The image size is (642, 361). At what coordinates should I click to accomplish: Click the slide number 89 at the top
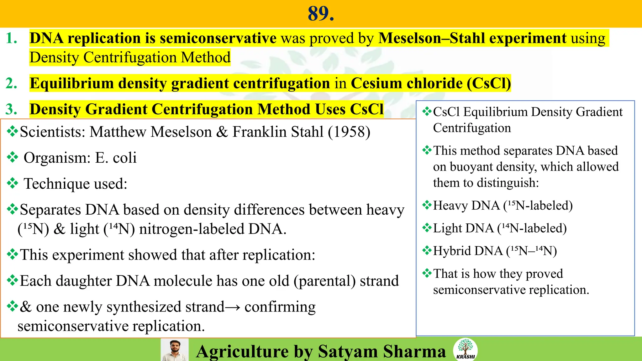[321, 14]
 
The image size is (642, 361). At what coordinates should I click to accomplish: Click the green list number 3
[11, 109]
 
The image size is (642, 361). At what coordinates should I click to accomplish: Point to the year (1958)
[349, 132]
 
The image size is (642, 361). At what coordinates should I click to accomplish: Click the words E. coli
[116, 158]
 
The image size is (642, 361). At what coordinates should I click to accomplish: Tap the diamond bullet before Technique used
[12, 183]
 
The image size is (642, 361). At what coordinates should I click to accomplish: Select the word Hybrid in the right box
[452, 251]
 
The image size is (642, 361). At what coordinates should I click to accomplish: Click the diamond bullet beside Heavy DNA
[427, 206]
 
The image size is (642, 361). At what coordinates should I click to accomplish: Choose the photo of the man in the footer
[175, 350]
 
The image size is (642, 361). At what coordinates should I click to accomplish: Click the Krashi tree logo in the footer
[465, 349]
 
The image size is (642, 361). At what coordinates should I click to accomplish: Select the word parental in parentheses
[324, 281]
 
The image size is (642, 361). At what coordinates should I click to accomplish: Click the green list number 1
[11, 38]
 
